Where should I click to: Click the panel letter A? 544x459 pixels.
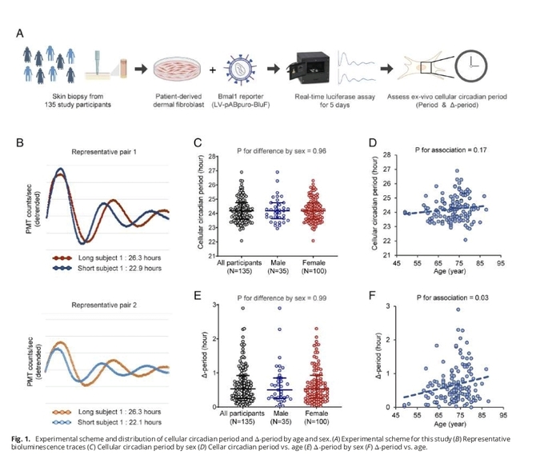point(19,33)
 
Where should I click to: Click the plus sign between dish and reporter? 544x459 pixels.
point(212,69)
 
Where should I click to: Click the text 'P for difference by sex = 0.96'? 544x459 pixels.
point(274,149)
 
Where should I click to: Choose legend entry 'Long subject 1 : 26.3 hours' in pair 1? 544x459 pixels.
point(119,259)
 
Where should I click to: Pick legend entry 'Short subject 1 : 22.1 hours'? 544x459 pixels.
point(119,421)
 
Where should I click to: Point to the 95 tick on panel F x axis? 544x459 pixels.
point(502,415)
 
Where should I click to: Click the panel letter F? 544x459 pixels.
point(372,296)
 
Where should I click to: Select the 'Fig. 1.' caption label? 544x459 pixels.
point(23,439)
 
